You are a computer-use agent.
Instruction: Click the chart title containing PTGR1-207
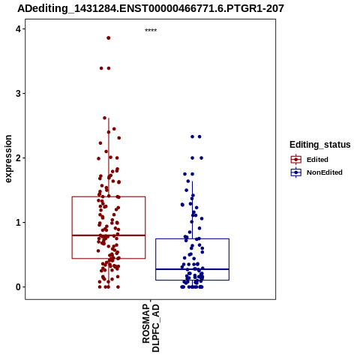coord(151,8)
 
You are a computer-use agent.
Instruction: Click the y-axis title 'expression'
coord(8,159)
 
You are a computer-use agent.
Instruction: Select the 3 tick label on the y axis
coord(18,94)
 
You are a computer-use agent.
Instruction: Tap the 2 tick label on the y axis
coord(18,158)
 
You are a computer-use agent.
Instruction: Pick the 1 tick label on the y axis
coord(18,223)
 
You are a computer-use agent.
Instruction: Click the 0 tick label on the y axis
coord(18,287)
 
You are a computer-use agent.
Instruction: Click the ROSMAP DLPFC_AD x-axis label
coord(151,328)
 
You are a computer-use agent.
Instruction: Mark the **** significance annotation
coord(151,31)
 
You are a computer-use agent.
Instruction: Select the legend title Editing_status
coord(320,145)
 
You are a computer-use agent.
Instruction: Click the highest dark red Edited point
coord(109,38)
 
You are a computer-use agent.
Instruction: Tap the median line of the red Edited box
coord(109,235)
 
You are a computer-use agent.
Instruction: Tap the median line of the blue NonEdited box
coord(192,269)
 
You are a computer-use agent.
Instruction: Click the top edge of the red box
coord(109,196)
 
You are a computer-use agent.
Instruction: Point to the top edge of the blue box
coord(192,239)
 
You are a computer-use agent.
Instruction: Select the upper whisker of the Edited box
coord(109,157)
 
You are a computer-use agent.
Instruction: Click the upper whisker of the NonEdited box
coord(192,210)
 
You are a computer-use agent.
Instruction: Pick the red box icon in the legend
coord(296,160)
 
